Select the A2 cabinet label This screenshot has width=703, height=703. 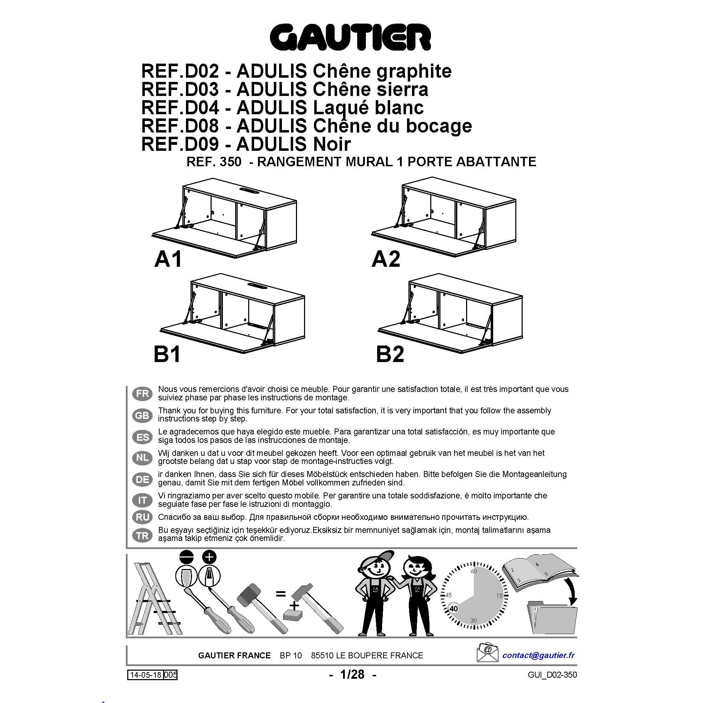click(386, 259)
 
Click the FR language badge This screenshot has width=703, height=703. click(142, 394)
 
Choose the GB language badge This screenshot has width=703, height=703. click(142, 415)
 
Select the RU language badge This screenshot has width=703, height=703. click(142, 517)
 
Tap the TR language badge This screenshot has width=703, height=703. click(142, 536)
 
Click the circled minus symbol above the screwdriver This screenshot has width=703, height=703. click(187, 557)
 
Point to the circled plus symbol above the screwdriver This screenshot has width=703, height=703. click(209, 557)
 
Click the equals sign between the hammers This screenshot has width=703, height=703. click(280, 594)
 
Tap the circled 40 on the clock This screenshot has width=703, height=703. click(453, 608)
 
